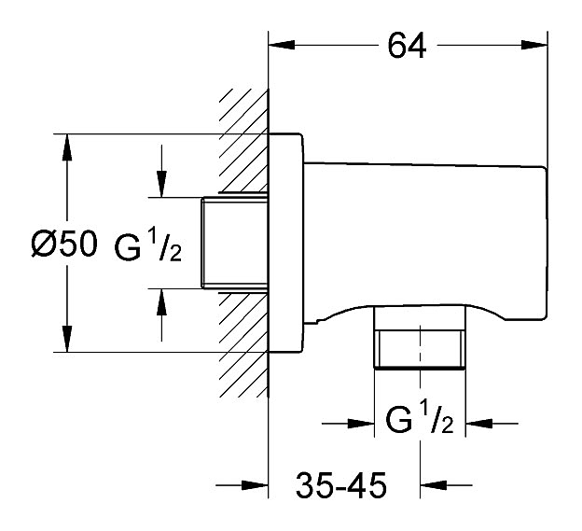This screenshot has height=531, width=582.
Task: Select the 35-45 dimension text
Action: pos(341,485)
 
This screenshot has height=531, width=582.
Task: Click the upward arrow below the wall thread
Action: pos(162,301)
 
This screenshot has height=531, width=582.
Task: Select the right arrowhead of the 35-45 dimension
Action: pos(431,484)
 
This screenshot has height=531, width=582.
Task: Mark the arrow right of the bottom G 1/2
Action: pos(478,425)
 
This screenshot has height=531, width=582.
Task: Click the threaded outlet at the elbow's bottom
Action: pos(419,347)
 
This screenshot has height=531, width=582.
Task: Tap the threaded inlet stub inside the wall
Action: pos(234,244)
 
